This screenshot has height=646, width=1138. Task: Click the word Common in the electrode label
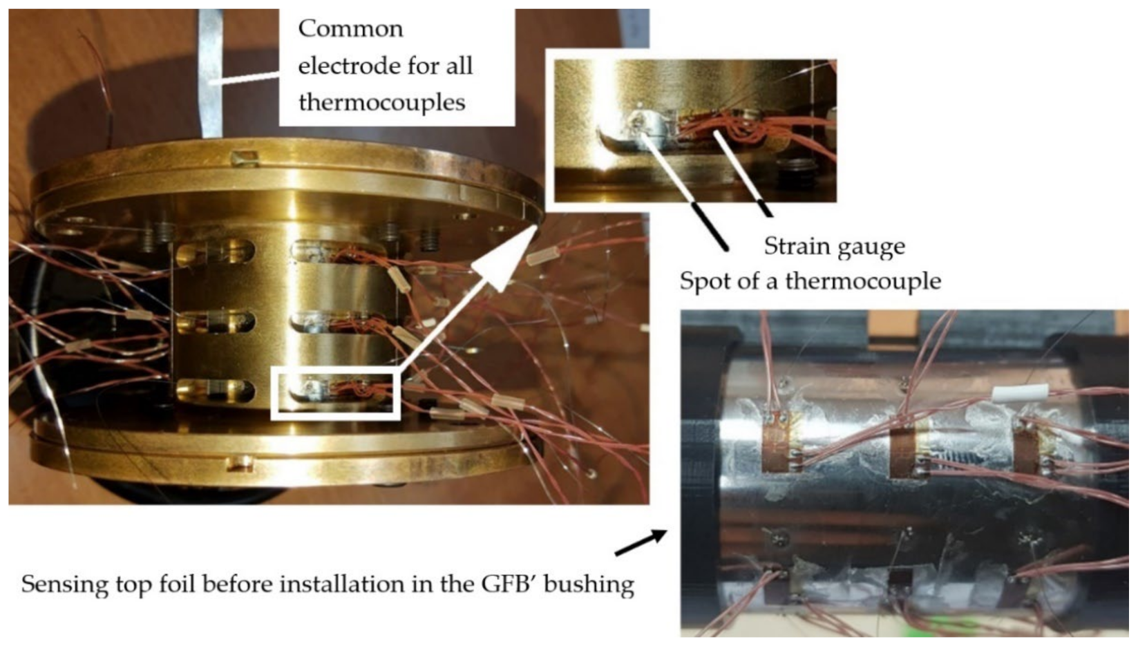(x=350, y=29)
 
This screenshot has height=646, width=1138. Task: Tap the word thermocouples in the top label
(x=381, y=103)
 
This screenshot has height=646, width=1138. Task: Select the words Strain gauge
(x=834, y=247)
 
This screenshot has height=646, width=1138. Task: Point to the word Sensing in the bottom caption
(x=64, y=585)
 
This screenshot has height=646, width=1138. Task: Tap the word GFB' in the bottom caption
(x=508, y=584)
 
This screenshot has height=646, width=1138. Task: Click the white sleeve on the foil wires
(x=1021, y=393)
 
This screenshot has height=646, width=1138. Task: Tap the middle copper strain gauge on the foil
(x=902, y=450)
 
